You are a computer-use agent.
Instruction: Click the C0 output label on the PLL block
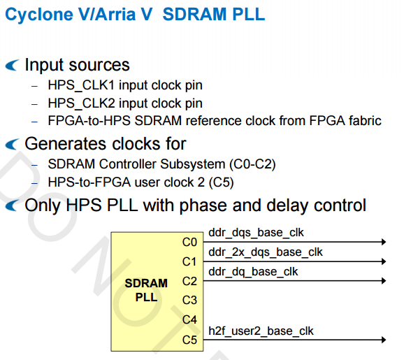(189, 243)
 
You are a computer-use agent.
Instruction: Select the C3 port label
(189, 300)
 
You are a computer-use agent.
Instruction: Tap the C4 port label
(189, 319)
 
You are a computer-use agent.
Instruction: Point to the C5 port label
(189, 340)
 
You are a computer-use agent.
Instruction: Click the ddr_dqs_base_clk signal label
(256, 233)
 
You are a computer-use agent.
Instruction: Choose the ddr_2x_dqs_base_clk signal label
(266, 252)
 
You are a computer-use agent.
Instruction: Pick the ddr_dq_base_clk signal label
(253, 272)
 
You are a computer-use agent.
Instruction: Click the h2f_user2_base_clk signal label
(261, 331)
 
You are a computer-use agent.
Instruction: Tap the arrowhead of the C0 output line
(384, 242)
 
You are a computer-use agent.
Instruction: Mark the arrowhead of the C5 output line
(384, 340)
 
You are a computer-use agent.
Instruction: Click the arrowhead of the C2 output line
(384, 280)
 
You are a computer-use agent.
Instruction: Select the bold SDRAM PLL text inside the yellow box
(146, 290)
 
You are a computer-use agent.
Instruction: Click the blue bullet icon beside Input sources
(12, 65)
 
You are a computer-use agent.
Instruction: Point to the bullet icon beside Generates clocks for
(12, 144)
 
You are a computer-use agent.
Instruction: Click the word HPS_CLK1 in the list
(81, 85)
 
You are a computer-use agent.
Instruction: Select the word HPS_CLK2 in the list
(81, 103)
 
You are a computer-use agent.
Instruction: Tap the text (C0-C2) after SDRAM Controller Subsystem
(252, 164)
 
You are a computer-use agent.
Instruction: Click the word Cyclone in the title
(39, 15)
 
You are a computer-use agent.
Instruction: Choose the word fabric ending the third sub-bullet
(365, 121)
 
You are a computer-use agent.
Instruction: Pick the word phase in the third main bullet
(203, 206)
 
